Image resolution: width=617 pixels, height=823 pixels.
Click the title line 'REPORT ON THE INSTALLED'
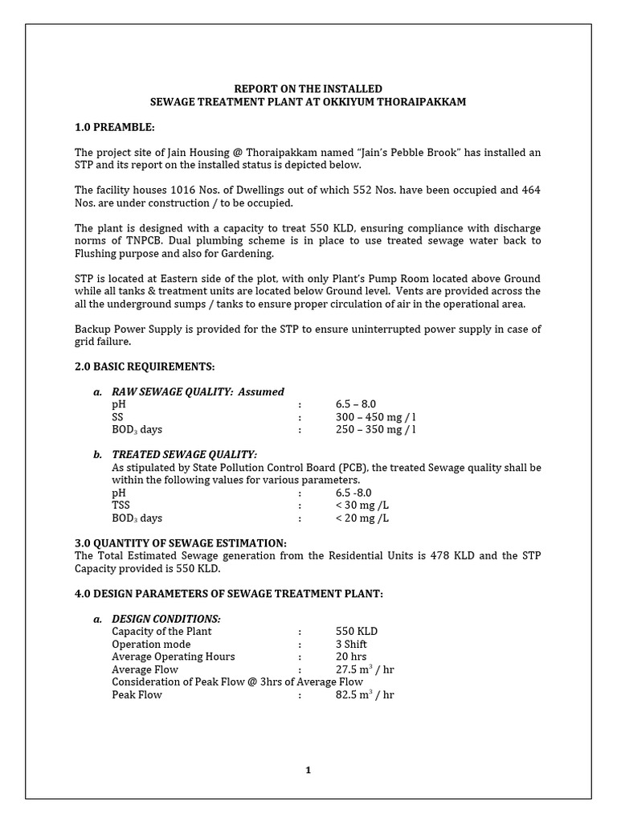pos(308,88)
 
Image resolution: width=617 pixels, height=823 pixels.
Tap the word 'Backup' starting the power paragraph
pos(93,329)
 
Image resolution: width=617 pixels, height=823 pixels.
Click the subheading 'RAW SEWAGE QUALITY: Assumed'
pos(198,391)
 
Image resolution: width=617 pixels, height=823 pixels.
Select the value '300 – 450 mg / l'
pos(376,416)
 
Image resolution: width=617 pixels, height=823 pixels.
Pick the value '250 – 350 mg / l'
pos(376,429)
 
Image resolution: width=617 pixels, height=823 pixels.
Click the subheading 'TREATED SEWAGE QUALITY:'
pos(184,454)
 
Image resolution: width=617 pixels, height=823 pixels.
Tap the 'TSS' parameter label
pos(121,506)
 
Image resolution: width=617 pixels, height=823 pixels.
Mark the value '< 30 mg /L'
pos(362,506)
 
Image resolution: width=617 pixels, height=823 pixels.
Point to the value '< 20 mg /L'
pos(362,518)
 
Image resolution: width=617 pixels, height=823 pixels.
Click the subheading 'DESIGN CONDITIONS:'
pos(165,619)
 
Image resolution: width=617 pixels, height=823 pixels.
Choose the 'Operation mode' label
pos(151,644)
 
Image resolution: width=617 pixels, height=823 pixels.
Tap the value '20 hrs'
pos(351,657)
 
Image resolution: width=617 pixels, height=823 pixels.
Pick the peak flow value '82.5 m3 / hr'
pos(365,694)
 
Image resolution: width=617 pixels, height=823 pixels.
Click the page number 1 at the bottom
pos(308,770)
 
